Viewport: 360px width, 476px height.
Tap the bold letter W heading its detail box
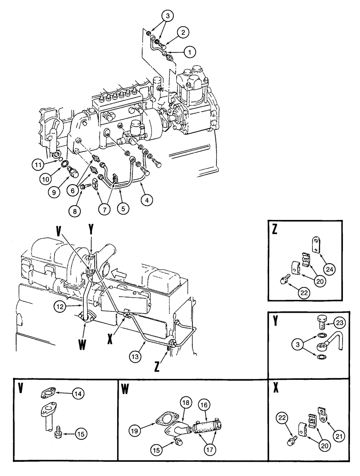pos(125,389)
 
